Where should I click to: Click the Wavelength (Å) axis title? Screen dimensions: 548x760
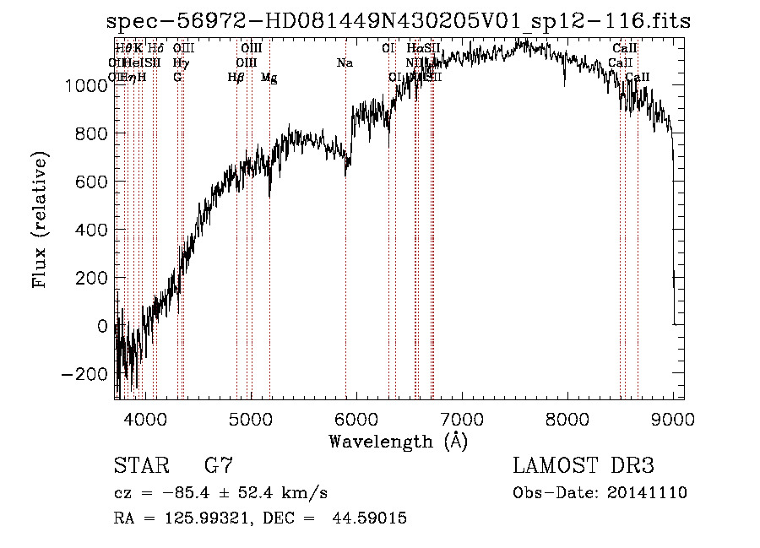(x=398, y=441)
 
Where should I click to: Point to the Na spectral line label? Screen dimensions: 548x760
(x=345, y=63)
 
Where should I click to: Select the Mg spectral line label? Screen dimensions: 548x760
(x=269, y=78)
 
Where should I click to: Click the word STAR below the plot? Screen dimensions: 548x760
(x=140, y=465)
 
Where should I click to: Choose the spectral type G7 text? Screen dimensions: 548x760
(x=219, y=465)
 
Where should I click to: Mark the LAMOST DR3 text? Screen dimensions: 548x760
(x=584, y=465)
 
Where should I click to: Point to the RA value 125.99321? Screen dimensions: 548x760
(x=202, y=518)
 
